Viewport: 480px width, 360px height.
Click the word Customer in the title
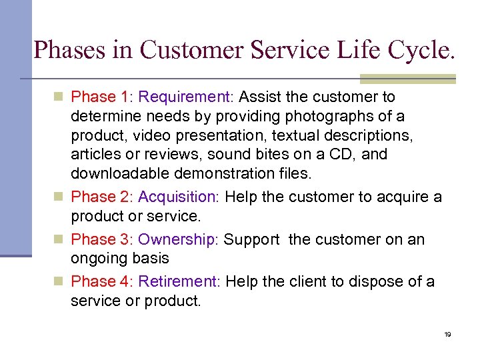click(x=179, y=50)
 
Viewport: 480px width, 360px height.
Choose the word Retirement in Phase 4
click(x=179, y=283)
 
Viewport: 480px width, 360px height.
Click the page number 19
click(x=447, y=334)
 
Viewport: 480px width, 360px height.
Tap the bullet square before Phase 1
click(x=60, y=97)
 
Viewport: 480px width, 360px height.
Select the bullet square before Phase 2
click(x=60, y=197)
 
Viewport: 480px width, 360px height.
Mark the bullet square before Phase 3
click(x=60, y=240)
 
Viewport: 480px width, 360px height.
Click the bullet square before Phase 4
click(x=60, y=283)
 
